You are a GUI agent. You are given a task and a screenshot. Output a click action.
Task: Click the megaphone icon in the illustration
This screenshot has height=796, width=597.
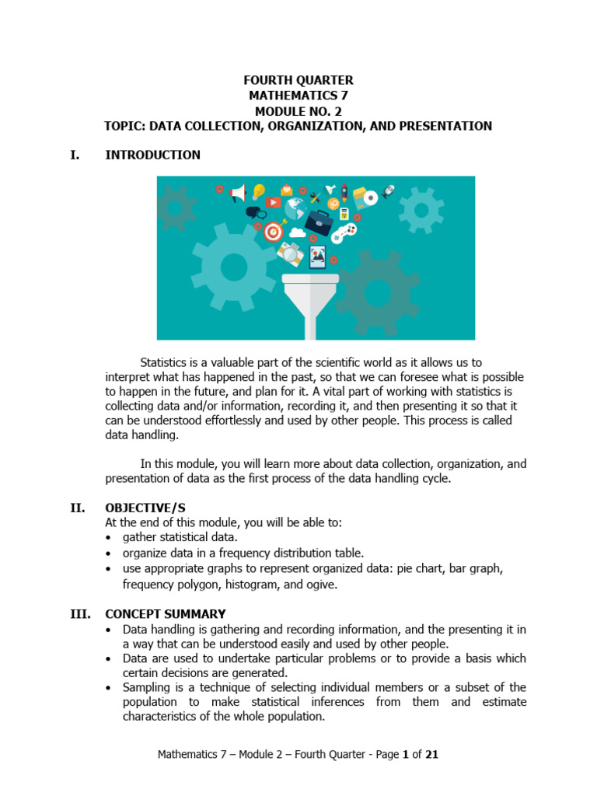(x=238, y=192)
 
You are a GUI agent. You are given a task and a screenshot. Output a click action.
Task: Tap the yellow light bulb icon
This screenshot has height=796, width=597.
(x=258, y=191)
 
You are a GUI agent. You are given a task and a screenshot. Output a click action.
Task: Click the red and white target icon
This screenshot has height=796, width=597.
(x=273, y=231)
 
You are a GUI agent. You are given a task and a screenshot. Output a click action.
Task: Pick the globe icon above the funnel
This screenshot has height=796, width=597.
(x=295, y=208)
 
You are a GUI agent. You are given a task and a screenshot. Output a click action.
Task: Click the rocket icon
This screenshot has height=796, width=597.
(x=344, y=192)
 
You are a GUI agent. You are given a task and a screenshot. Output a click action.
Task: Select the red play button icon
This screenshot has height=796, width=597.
(x=273, y=203)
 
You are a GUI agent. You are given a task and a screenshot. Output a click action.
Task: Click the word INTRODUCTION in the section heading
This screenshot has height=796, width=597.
(x=152, y=155)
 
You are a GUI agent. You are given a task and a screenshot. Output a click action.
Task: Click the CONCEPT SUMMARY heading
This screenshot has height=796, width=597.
(x=166, y=613)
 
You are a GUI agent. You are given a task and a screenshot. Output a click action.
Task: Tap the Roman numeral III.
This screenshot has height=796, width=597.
(x=81, y=613)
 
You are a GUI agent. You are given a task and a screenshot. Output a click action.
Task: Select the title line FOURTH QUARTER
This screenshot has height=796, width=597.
(x=298, y=80)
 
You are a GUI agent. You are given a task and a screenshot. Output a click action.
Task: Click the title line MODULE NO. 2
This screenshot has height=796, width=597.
(x=298, y=110)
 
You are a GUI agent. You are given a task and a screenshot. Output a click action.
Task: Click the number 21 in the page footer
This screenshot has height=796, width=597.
(x=433, y=753)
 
